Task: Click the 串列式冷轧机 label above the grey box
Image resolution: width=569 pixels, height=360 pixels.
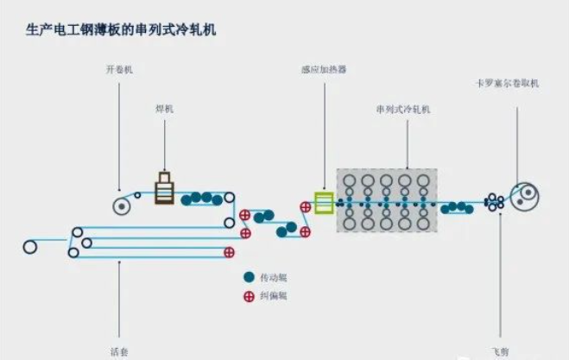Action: click(x=402, y=110)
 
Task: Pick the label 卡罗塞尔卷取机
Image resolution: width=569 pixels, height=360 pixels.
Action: click(x=508, y=83)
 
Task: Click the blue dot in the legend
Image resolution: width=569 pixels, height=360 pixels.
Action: click(x=249, y=278)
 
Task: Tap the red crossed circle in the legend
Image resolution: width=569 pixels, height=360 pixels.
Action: click(x=249, y=295)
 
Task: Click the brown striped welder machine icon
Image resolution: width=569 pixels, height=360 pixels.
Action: click(x=164, y=189)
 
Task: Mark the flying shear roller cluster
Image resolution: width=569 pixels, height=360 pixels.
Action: click(x=495, y=201)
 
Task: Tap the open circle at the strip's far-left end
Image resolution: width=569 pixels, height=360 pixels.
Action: click(x=30, y=246)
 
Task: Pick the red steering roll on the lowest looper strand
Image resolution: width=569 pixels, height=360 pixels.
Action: click(x=230, y=252)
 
